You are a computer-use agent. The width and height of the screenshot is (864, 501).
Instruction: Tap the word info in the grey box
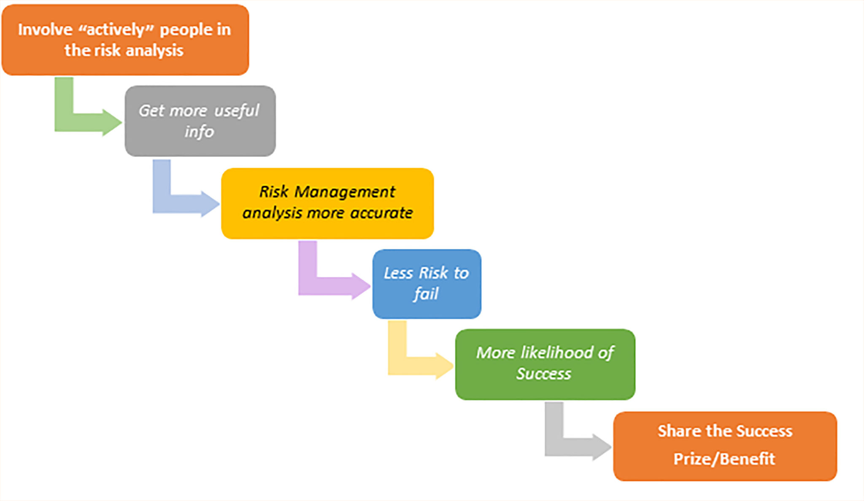click(x=199, y=132)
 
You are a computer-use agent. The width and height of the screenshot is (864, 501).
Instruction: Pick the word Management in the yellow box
click(x=345, y=192)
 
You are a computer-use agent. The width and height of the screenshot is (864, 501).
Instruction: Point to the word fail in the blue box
click(x=426, y=294)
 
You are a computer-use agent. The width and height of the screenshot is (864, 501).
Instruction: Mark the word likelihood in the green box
click(x=557, y=353)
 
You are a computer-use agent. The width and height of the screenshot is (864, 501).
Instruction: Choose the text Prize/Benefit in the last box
click(x=724, y=459)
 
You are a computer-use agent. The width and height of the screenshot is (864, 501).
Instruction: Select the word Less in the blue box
click(x=398, y=273)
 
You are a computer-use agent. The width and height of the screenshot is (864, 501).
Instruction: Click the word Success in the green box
click(x=544, y=374)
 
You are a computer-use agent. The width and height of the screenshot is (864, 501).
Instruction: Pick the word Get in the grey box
click(x=151, y=111)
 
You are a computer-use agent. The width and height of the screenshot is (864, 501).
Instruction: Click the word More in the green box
click(x=496, y=353)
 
